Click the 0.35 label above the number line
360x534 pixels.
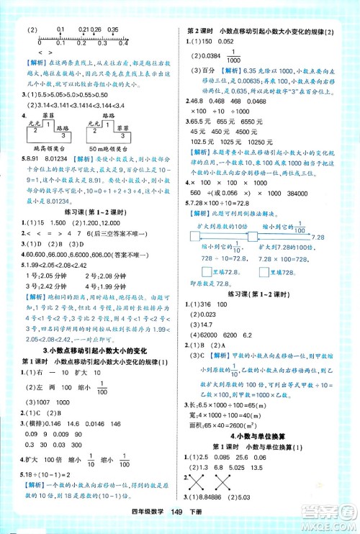click(x=112, y=30)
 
